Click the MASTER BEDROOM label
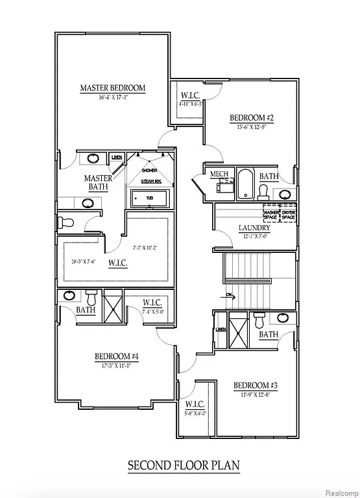click(112, 88)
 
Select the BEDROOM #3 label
click(256, 386)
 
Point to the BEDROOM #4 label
click(116, 356)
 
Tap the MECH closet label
click(218, 174)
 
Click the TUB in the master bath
click(149, 197)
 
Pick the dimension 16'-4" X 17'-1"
click(112, 97)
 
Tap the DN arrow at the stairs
click(229, 295)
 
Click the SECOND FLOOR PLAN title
click(183, 465)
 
